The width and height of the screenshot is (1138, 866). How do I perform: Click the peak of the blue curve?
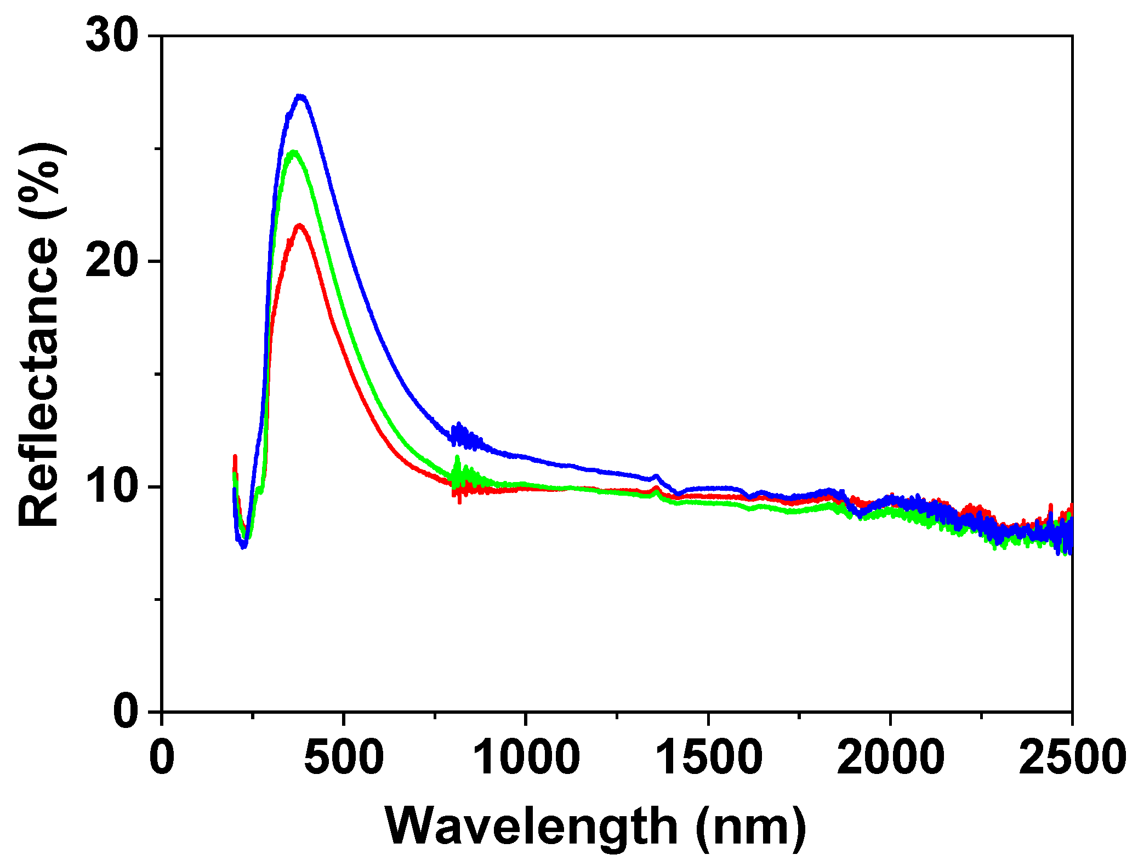coord(300,97)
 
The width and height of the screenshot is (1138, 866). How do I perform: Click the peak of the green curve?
coord(294,152)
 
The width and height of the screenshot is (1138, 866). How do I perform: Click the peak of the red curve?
coord(299,226)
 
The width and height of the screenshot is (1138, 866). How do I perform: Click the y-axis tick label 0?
coord(126,712)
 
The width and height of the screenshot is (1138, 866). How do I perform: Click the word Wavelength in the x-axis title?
coord(532,827)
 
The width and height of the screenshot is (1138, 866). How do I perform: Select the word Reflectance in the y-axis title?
coord(38,383)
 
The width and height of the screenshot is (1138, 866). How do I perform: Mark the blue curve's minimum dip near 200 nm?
coord(244,546)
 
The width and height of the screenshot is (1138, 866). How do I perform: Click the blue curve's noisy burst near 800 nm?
coord(459,434)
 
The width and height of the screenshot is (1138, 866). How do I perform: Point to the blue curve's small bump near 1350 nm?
coord(656,477)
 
